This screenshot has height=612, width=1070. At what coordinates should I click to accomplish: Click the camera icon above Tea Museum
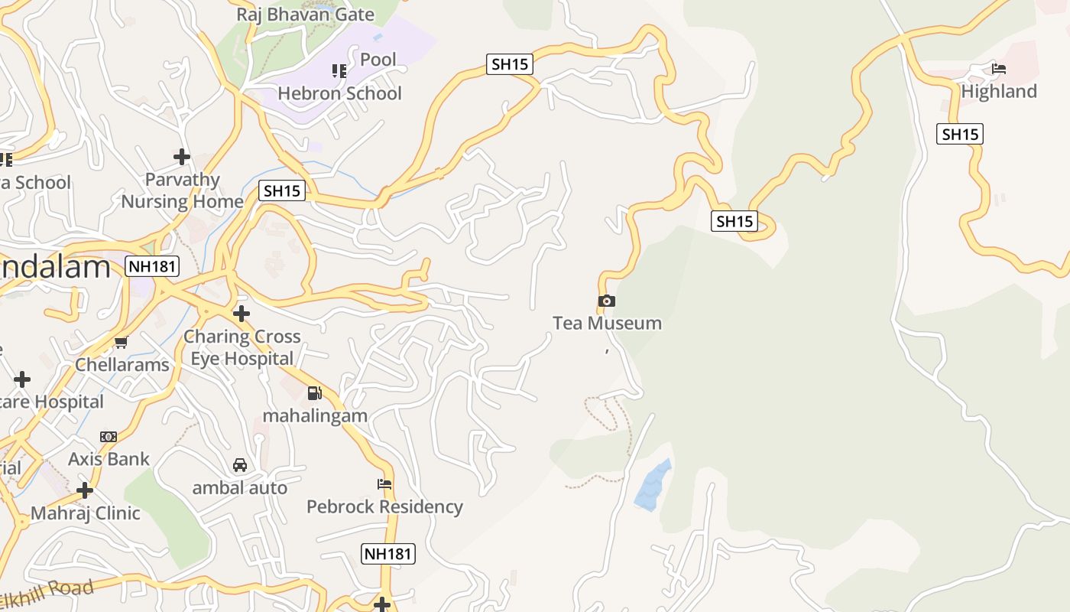tap(607, 301)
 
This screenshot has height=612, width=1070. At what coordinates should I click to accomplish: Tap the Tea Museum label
tap(607, 323)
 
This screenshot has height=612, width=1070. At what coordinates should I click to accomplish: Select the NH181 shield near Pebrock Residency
tap(388, 554)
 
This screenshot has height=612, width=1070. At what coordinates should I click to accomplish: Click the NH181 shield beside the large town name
tap(151, 267)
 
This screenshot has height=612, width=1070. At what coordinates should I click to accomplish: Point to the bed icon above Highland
tap(998, 69)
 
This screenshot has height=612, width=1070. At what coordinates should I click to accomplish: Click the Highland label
tap(999, 92)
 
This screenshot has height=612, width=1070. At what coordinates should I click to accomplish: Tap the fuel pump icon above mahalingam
tap(314, 393)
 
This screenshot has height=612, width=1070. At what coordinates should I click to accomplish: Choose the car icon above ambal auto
tap(240, 465)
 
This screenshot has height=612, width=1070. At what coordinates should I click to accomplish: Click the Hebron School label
tap(339, 93)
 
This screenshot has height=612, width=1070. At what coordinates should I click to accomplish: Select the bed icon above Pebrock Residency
tap(384, 484)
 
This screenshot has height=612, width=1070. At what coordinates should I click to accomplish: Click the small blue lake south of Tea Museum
tap(653, 485)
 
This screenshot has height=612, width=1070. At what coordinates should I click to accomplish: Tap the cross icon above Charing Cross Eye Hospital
tap(242, 313)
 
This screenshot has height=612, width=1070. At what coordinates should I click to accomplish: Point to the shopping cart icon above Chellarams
tap(121, 343)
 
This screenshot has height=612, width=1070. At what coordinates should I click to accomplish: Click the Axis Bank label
tap(109, 459)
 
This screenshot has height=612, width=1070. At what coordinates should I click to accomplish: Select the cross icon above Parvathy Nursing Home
tap(182, 157)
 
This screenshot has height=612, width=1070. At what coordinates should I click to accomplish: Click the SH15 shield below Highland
tap(959, 135)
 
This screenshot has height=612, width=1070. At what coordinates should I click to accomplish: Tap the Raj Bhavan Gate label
tap(305, 15)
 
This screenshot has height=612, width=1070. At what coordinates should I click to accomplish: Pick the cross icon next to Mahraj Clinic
tap(85, 490)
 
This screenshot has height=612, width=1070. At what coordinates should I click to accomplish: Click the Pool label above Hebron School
tap(378, 60)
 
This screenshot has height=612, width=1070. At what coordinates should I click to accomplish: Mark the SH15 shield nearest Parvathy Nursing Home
tap(282, 191)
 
